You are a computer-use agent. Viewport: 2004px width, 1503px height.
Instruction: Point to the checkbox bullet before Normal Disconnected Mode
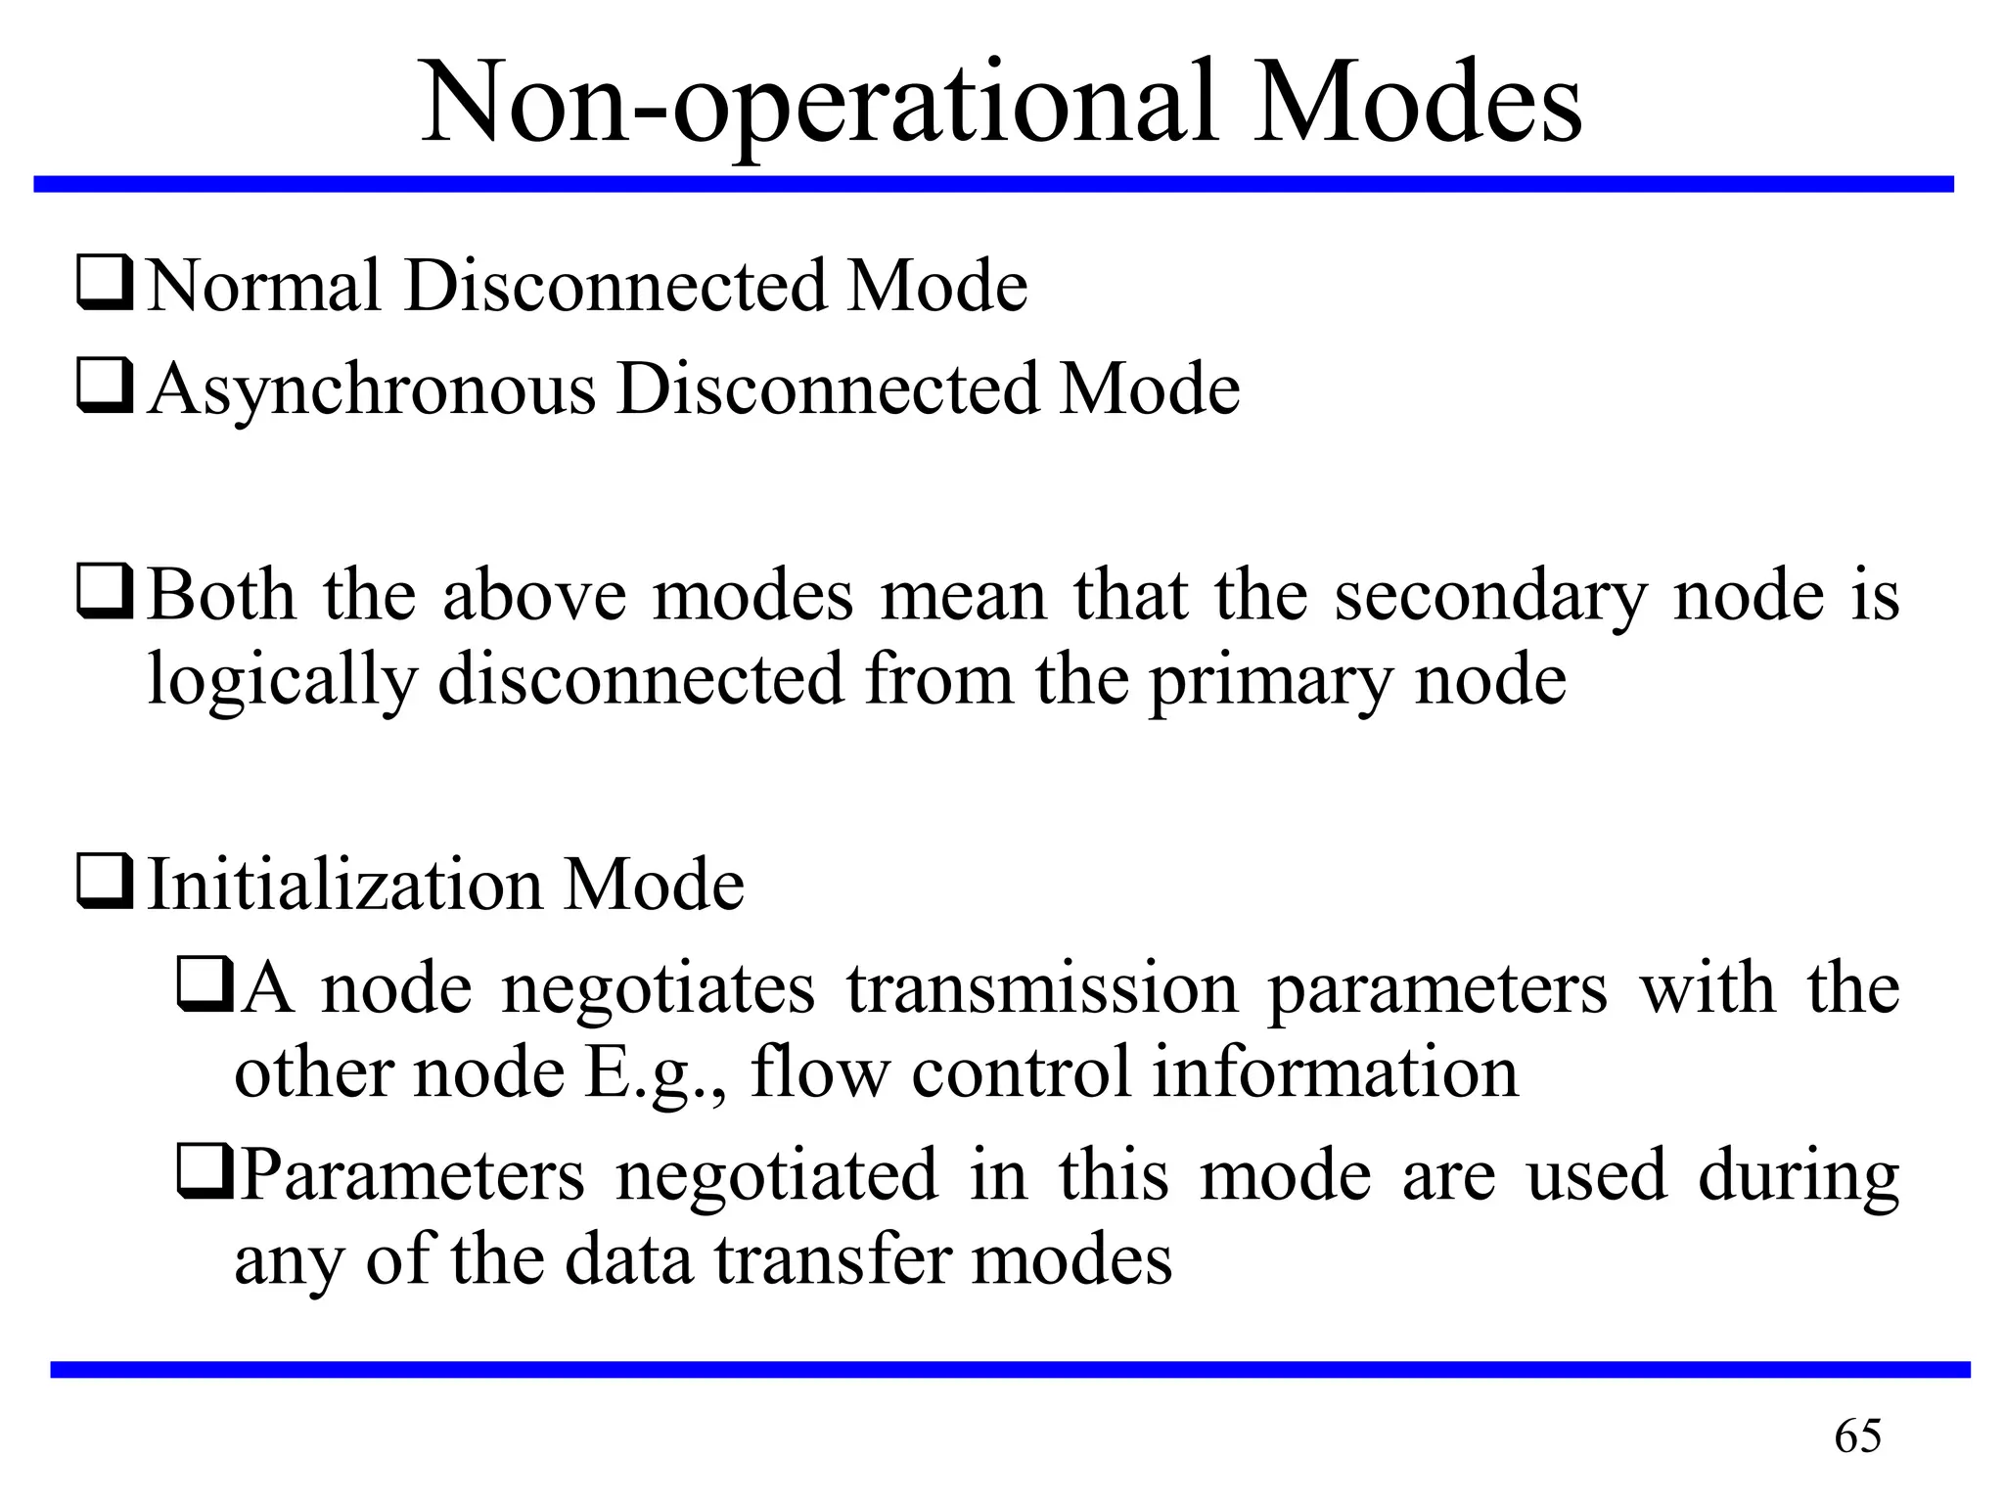(x=104, y=284)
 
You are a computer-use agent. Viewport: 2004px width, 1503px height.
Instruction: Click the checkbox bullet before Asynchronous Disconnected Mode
(x=104, y=387)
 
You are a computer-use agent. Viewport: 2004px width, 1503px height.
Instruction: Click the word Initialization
(x=344, y=885)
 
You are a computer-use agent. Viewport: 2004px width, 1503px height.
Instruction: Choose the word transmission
(x=1043, y=988)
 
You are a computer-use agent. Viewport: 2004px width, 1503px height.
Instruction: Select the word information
(x=1335, y=1072)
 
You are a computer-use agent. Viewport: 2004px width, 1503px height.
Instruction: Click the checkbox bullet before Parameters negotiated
(x=205, y=1173)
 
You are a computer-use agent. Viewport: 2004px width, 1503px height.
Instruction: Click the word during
(x=1799, y=1176)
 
